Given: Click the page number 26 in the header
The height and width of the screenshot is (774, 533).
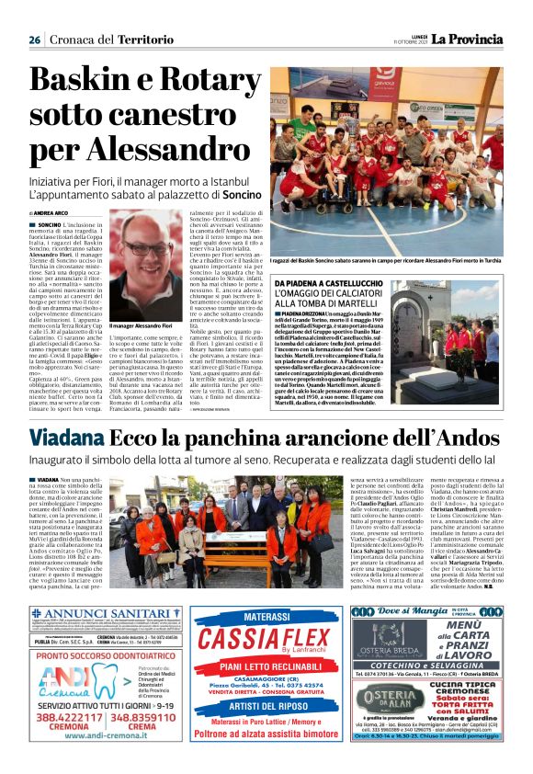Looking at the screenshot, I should [x=35, y=40].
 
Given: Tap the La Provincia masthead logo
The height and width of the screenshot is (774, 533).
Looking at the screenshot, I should [x=469, y=39].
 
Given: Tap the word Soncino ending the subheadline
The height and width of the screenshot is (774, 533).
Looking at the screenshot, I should [x=242, y=196].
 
